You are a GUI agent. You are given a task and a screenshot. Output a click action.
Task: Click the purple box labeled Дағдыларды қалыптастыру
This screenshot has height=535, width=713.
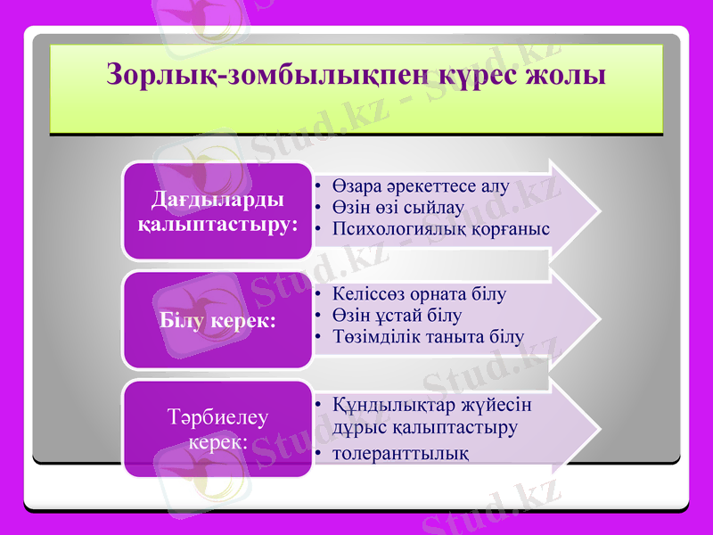pyautogui.click(x=218, y=210)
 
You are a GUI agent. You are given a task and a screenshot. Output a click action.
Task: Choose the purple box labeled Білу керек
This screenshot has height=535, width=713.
pyautogui.click(x=218, y=320)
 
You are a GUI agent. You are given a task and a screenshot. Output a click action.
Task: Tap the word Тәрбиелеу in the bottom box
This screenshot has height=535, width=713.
pyautogui.click(x=218, y=417)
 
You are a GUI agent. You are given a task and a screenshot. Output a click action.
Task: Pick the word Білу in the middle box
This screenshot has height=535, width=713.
pyautogui.click(x=184, y=320)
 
